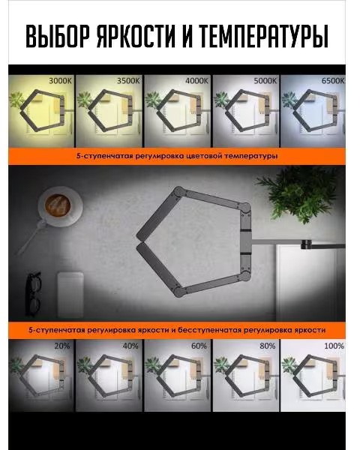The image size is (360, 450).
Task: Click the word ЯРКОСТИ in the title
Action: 136,36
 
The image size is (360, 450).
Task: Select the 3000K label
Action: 60,81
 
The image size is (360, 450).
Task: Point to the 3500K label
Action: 128,81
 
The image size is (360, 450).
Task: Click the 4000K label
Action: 196,81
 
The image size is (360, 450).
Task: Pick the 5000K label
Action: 265,81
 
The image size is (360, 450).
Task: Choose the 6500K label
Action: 333,81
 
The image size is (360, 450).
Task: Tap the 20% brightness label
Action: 62,346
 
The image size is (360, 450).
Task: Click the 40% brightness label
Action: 130,346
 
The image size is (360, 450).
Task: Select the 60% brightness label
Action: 199,346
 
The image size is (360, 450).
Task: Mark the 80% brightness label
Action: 267,346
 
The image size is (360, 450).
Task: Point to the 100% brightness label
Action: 334,346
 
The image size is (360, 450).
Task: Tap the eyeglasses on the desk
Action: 34,294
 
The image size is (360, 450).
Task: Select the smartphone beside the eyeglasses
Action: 70,295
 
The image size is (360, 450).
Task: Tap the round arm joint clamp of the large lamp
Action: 306,244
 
